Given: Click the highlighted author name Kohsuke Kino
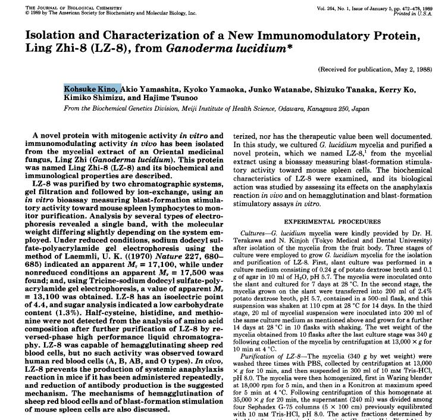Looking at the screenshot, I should point(92,89).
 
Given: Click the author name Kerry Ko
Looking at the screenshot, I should point(400,89).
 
